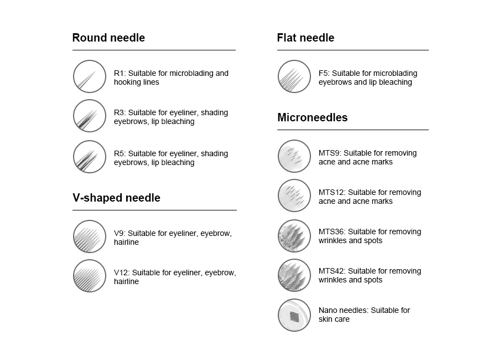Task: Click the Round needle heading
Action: [x=108, y=38]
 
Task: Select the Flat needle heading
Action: [x=305, y=38]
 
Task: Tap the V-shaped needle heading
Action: [x=116, y=198]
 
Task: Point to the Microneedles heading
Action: [x=312, y=118]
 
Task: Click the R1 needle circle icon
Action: [x=89, y=76]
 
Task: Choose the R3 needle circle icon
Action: [x=89, y=116]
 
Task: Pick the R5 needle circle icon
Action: [x=89, y=157]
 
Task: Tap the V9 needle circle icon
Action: [x=89, y=236]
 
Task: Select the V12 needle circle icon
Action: [x=89, y=276]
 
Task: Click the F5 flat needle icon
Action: [x=294, y=76]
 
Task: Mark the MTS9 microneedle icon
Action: [x=294, y=156]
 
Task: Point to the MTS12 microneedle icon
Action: [x=294, y=196]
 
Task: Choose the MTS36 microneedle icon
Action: [x=294, y=235]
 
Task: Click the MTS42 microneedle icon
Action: [x=294, y=275]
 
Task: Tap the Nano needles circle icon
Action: [x=294, y=315]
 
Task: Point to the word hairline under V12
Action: [x=126, y=282]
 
